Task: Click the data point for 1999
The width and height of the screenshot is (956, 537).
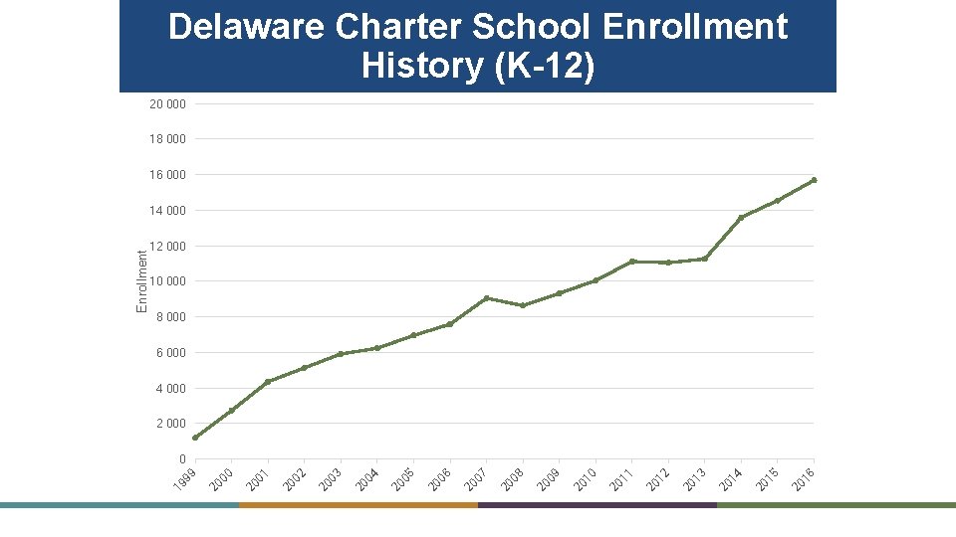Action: [x=195, y=438]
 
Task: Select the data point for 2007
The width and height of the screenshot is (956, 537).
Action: [x=486, y=298]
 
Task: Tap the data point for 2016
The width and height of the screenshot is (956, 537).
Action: [x=814, y=180]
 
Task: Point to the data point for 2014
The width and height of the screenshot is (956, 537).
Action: [x=741, y=218]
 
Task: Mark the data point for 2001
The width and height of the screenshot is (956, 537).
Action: [x=268, y=382]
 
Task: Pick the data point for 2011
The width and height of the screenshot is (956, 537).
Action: [x=632, y=262]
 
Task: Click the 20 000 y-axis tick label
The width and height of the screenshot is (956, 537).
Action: [x=167, y=103]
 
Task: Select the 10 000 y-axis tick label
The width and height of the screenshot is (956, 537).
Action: [x=167, y=281]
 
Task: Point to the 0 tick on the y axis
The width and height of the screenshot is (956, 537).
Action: [x=182, y=459]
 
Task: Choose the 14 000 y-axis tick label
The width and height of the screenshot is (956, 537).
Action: [x=167, y=211]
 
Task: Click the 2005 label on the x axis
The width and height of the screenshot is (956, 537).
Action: [x=402, y=478]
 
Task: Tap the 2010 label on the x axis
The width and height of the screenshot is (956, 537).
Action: [x=585, y=478]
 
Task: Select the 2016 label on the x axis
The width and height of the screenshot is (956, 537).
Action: [x=803, y=478]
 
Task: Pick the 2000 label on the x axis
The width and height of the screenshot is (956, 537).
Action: [x=220, y=478]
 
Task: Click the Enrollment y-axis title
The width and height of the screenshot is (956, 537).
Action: [x=142, y=281]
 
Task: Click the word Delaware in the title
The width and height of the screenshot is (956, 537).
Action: [x=247, y=27]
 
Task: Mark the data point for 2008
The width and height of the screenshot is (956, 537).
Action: [x=523, y=305]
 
